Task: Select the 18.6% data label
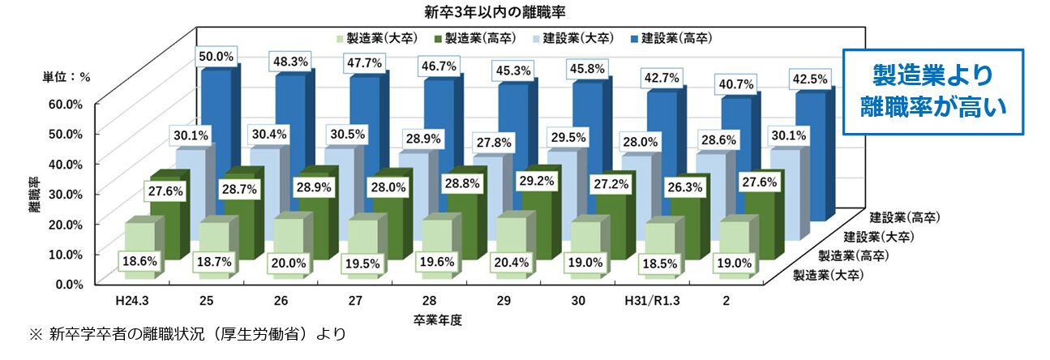pyautogui.click(x=140, y=261)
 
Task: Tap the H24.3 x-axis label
pyautogui.click(x=131, y=301)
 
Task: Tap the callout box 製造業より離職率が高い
pyautogui.click(x=932, y=91)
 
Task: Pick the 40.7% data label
pyautogui.click(x=735, y=84)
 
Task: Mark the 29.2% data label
pyautogui.click(x=536, y=183)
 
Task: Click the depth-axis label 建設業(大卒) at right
pyautogui.click(x=879, y=237)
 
